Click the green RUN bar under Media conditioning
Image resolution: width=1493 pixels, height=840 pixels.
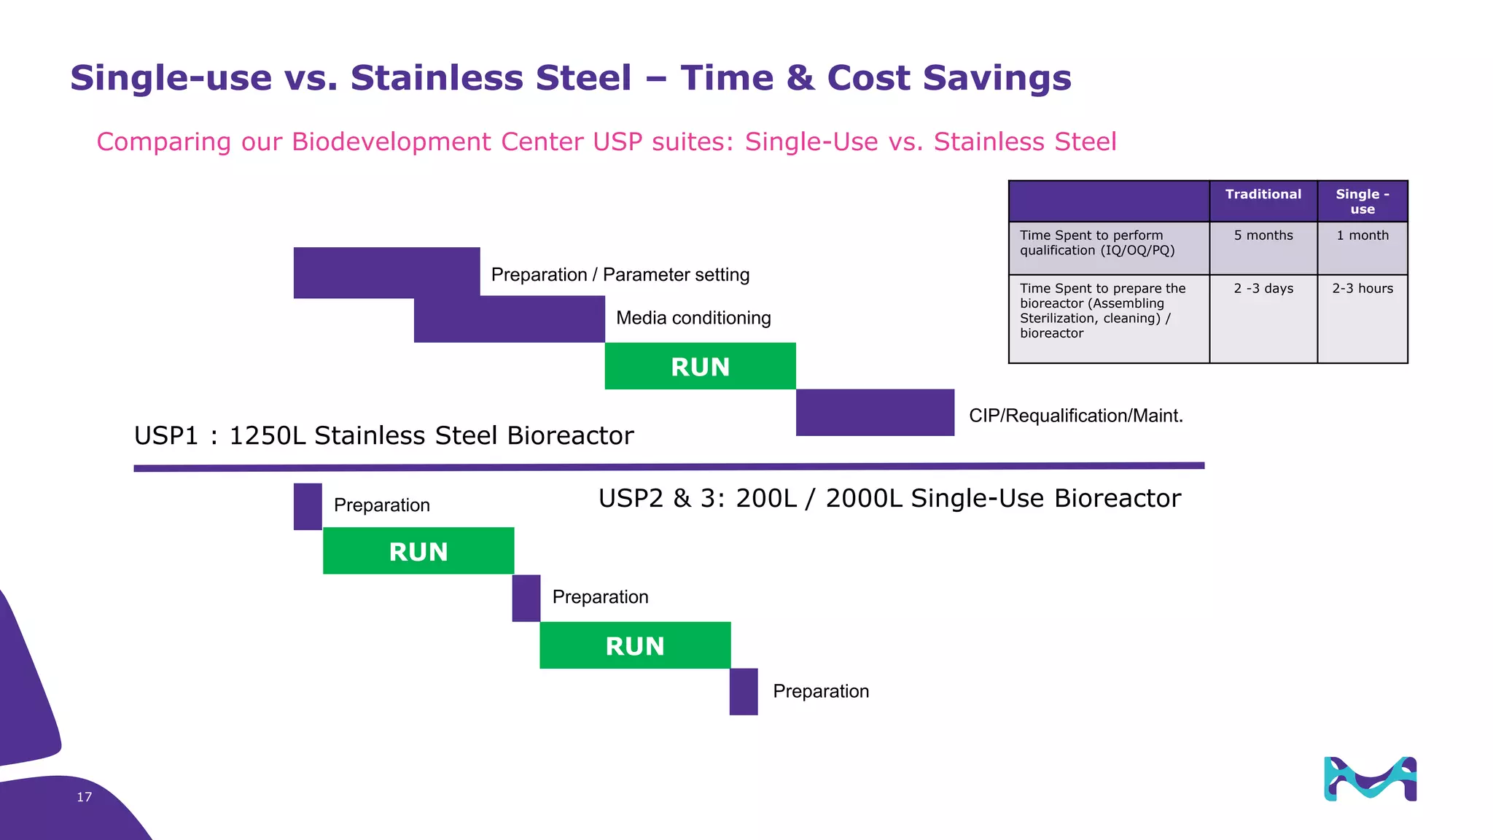(700, 366)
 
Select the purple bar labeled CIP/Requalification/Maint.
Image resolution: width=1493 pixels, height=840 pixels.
(875, 413)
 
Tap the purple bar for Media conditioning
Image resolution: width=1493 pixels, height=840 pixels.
(509, 319)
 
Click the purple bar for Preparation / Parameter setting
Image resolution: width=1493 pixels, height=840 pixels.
(386, 273)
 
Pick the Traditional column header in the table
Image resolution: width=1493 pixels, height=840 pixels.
(1263, 195)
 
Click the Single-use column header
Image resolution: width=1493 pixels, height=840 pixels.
(1362, 201)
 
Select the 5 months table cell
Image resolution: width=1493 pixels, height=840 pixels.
(1263, 236)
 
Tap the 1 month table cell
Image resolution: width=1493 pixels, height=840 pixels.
(1362, 236)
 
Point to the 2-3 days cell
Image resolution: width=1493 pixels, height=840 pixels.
(1263, 289)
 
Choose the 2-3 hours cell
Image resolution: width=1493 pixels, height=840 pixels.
(1362, 289)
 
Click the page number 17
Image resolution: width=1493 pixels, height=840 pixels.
(85, 797)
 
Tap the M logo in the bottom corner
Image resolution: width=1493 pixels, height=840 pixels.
(1370, 779)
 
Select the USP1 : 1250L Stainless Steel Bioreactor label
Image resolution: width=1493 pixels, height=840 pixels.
(383, 435)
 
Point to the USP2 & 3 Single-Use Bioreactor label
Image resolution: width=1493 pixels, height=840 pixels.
(889, 498)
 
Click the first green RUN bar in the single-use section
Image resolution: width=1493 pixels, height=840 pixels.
(418, 551)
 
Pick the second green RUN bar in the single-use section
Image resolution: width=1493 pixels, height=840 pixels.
(635, 645)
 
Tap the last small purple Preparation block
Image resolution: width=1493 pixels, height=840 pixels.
(744, 691)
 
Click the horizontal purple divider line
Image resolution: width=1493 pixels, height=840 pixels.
(668, 467)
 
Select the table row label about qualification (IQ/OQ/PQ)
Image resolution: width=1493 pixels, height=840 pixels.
(1097, 243)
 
